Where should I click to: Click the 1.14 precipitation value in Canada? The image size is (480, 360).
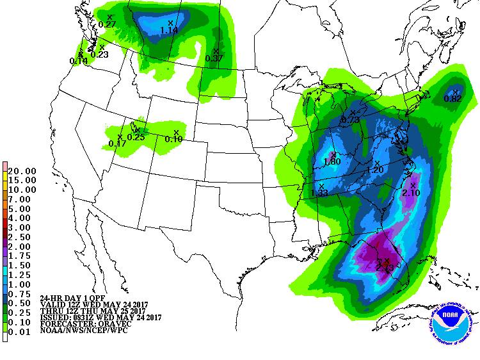point(169,30)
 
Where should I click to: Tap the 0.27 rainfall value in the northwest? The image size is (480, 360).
point(107,24)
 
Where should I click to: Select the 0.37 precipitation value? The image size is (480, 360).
point(214,58)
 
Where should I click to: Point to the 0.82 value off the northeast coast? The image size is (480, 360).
point(452,99)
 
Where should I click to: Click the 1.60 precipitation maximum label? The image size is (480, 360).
point(332,161)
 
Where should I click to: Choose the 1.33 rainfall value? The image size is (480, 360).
point(319,193)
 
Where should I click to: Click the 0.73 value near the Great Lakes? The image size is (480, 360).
point(350,120)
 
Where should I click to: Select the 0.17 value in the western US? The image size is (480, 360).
point(117,143)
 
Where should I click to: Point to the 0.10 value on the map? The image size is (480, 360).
point(173,139)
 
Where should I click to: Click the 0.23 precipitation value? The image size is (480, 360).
point(99,54)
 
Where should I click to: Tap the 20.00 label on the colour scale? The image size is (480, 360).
point(22,171)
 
